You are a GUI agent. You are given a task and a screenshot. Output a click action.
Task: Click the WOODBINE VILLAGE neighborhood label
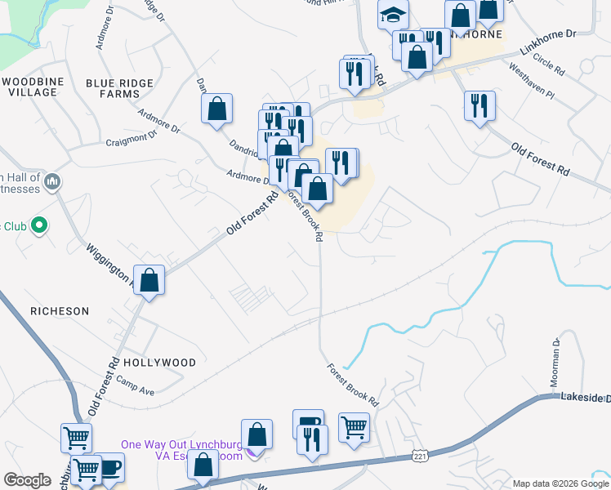32,87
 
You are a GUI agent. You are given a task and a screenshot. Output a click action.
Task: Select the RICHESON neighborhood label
59,311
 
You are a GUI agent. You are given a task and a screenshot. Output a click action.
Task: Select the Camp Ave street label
135,381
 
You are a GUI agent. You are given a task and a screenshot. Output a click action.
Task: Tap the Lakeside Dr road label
585,397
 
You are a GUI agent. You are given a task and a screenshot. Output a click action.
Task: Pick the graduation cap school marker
393,15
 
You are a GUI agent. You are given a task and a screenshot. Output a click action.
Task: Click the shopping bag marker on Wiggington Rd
149,280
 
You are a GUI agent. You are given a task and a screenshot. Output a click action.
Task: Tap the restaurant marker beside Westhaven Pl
479,105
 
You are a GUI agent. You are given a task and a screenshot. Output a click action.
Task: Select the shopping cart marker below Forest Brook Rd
353,426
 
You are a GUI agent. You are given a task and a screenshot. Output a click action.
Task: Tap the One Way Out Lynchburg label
181,445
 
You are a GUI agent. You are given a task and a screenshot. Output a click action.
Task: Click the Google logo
27,480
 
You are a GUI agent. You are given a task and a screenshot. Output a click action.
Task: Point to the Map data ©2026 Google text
560,483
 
